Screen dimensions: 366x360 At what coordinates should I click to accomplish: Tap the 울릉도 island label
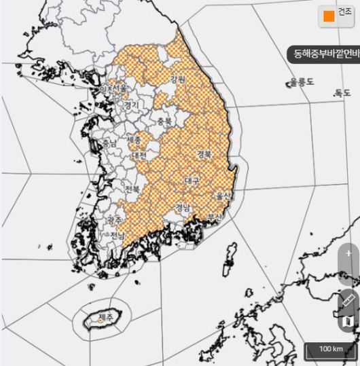click(x=302, y=81)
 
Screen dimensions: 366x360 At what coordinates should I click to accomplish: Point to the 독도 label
click(x=342, y=93)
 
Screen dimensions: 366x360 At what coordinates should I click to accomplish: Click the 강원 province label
click(x=178, y=79)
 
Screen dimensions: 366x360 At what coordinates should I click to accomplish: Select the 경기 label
click(x=131, y=105)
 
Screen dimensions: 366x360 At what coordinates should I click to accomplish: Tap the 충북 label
click(x=164, y=122)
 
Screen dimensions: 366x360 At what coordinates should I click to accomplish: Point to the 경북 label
click(x=204, y=154)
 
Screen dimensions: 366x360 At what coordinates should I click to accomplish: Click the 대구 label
click(x=192, y=181)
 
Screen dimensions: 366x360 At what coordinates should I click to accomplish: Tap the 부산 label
click(x=215, y=217)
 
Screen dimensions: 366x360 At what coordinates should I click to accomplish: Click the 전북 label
click(x=132, y=188)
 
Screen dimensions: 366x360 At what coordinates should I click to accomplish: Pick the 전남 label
click(x=117, y=235)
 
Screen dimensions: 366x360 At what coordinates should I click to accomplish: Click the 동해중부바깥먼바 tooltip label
click(x=323, y=53)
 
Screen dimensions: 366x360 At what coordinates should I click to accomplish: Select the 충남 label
click(x=109, y=144)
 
